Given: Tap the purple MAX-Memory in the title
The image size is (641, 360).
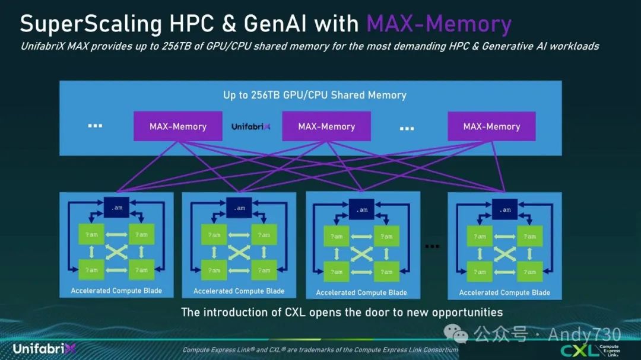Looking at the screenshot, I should pos(439,24).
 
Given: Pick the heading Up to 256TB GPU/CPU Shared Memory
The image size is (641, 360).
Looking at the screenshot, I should pos(315,95).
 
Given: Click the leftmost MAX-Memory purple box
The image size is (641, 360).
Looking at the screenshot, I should pos(178,126).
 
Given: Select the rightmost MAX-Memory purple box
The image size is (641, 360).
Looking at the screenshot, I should pos(491,126).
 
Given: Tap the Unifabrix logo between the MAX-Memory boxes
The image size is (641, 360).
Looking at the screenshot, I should pos(250,126).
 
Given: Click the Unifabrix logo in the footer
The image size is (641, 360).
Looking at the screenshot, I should pos(45,348).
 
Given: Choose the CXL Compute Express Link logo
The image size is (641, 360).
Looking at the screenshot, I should pos(591,349).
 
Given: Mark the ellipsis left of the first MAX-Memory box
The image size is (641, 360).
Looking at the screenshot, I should pos(95,126).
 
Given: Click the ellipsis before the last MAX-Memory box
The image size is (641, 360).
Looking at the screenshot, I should pos(407,128).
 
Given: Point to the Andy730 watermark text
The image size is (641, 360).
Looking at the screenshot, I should pos(584,334).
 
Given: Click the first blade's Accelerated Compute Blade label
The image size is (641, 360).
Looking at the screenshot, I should pos(116,291).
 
